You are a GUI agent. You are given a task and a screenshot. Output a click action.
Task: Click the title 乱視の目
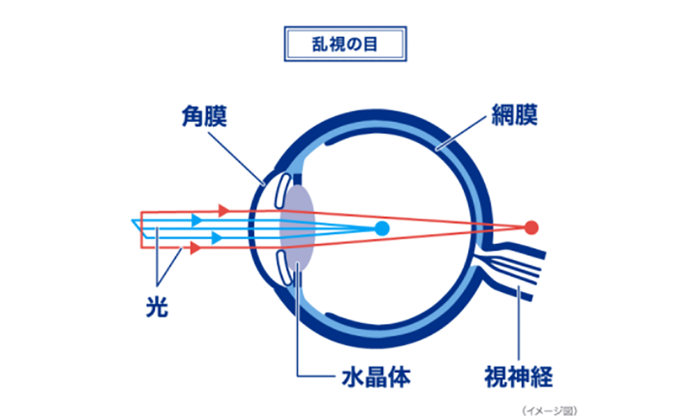click(x=345, y=44)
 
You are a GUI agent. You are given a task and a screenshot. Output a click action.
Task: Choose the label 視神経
click(x=519, y=375)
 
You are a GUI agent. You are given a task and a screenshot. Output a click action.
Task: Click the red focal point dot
click(x=532, y=227)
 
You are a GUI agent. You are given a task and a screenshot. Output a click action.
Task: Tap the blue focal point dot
click(x=381, y=227)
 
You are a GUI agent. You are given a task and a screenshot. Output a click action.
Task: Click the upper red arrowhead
click(x=224, y=209)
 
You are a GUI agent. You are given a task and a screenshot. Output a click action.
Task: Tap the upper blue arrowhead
click(x=198, y=219)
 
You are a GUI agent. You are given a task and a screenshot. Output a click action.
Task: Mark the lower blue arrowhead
click(x=217, y=238)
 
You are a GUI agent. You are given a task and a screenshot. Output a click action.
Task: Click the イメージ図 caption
click(x=549, y=409)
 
